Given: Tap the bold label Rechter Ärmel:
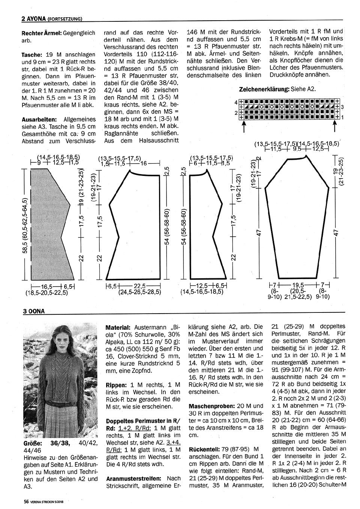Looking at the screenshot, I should [x=42, y=33].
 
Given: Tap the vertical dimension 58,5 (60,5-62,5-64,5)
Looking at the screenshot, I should [x=24, y=225].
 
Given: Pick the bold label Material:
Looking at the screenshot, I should [x=118, y=327].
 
